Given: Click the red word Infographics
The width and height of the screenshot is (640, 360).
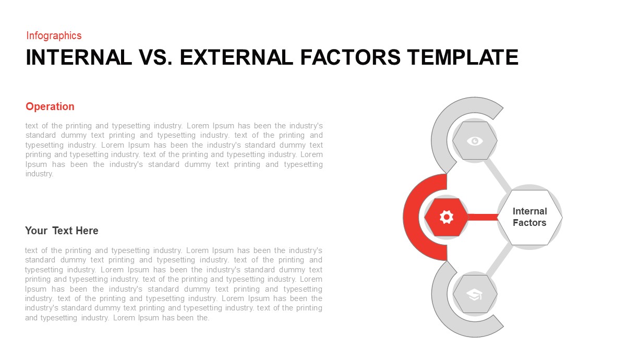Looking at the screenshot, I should [x=54, y=35].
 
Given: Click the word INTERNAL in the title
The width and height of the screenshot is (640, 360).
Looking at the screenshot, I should [x=79, y=57].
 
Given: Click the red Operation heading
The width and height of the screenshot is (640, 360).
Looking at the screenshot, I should [x=50, y=106].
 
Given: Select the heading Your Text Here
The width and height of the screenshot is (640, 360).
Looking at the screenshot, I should [x=62, y=231].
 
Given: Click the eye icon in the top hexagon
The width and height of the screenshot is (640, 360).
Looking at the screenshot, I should [x=475, y=140].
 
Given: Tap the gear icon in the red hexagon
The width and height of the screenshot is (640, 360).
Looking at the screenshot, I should [x=446, y=217].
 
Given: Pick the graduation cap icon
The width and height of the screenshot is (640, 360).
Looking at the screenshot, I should [x=475, y=295].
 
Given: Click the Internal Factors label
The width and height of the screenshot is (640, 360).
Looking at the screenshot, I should [x=529, y=217].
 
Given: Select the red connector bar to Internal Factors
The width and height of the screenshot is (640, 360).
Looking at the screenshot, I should [x=483, y=217].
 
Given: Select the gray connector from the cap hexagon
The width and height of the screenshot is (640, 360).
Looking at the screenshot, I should [x=498, y=261].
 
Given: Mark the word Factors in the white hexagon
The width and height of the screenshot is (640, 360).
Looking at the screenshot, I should [x=529, y=223].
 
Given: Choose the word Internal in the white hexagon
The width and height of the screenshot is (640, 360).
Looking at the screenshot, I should [x=529, y=211].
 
